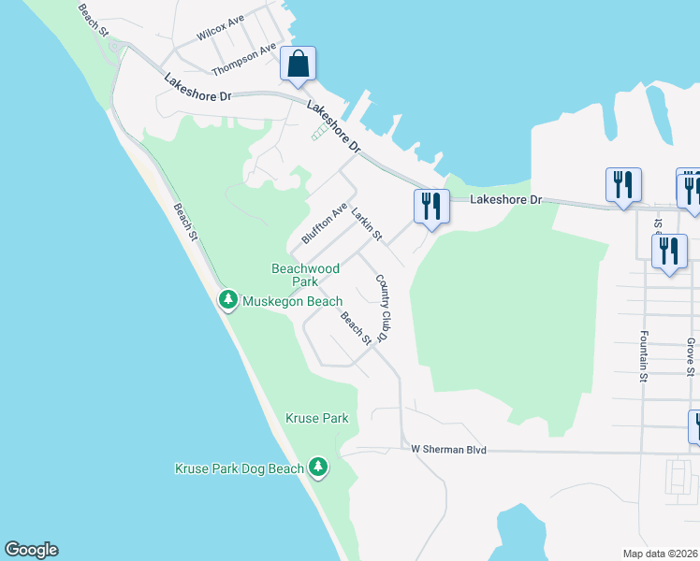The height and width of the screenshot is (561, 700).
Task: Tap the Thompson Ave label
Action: click(244, 59)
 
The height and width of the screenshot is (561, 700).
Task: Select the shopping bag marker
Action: click(299, 65)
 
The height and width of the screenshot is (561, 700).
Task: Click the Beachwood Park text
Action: click(305, 274)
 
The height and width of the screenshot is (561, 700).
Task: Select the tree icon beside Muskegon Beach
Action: click(227, 300)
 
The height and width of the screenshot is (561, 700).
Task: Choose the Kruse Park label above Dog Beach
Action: click(318, 418)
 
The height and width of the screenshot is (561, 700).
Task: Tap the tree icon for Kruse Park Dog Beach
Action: click(319, 467)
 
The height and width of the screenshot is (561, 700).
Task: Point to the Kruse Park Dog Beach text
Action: click(240, 468)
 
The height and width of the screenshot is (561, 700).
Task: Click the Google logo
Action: click(31, 550)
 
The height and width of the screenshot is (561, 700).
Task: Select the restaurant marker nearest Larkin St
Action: click(432, 206)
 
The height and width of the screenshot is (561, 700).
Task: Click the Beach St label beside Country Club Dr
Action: click(355, 327)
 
